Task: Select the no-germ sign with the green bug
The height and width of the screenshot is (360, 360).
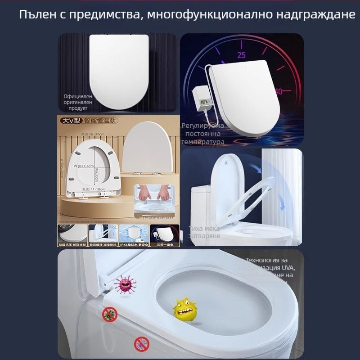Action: pos(109,314)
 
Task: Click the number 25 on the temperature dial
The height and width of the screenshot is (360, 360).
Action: pos(242,55)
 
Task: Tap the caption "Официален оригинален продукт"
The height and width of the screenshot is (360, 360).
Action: pos(77,102)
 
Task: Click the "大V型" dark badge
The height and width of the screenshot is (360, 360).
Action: pos(70,121)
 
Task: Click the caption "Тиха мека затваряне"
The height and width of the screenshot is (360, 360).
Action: pos(204,232)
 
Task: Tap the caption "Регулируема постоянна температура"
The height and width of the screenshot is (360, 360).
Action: pos(202,134)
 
